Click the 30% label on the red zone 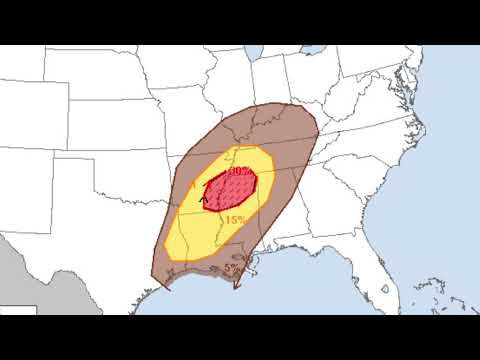239,172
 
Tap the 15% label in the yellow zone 236,220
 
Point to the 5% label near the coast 231,268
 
